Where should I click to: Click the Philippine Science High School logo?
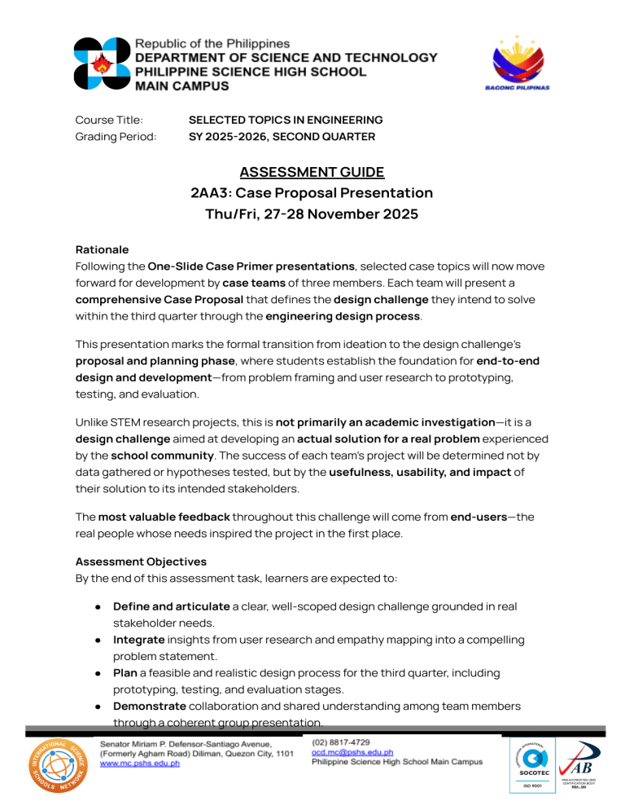[x=102, y=64]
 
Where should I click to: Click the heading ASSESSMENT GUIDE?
[x=312, y=172]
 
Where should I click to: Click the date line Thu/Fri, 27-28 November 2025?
[x=312, y=215]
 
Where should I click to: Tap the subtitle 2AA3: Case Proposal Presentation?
[x=312, y=193]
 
